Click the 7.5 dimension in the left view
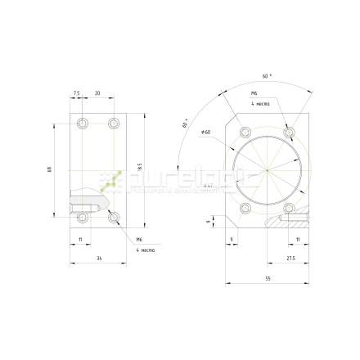[76, 94]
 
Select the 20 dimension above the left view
[97, 94]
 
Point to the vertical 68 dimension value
[51, 170]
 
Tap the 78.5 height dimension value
[140, 168]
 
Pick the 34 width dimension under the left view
[99, 259]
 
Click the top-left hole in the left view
[81, 124]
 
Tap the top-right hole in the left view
[114, 124]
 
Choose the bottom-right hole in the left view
[114, 218]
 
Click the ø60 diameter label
[206, 132]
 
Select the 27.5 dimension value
[290, 259]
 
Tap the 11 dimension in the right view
[297, 238]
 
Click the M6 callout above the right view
[254, 94]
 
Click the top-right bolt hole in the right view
[288, 133]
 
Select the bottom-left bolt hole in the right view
[244, 209]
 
